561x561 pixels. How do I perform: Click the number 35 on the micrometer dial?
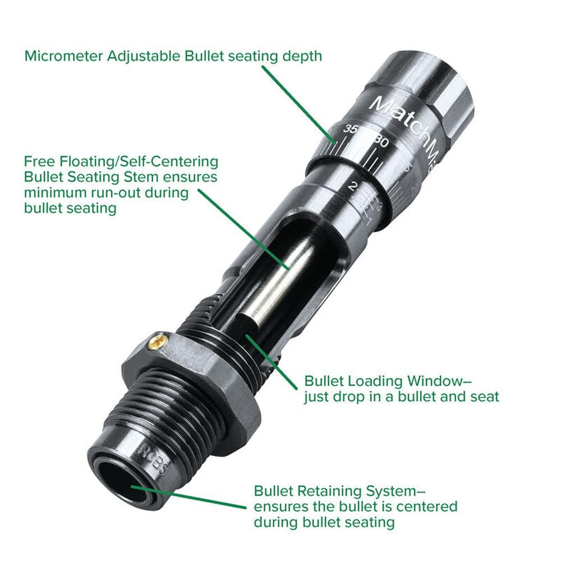tap(352, 130)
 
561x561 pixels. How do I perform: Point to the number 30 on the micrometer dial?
tap(381, 142)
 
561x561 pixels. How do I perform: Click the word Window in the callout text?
tap(430, 381)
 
